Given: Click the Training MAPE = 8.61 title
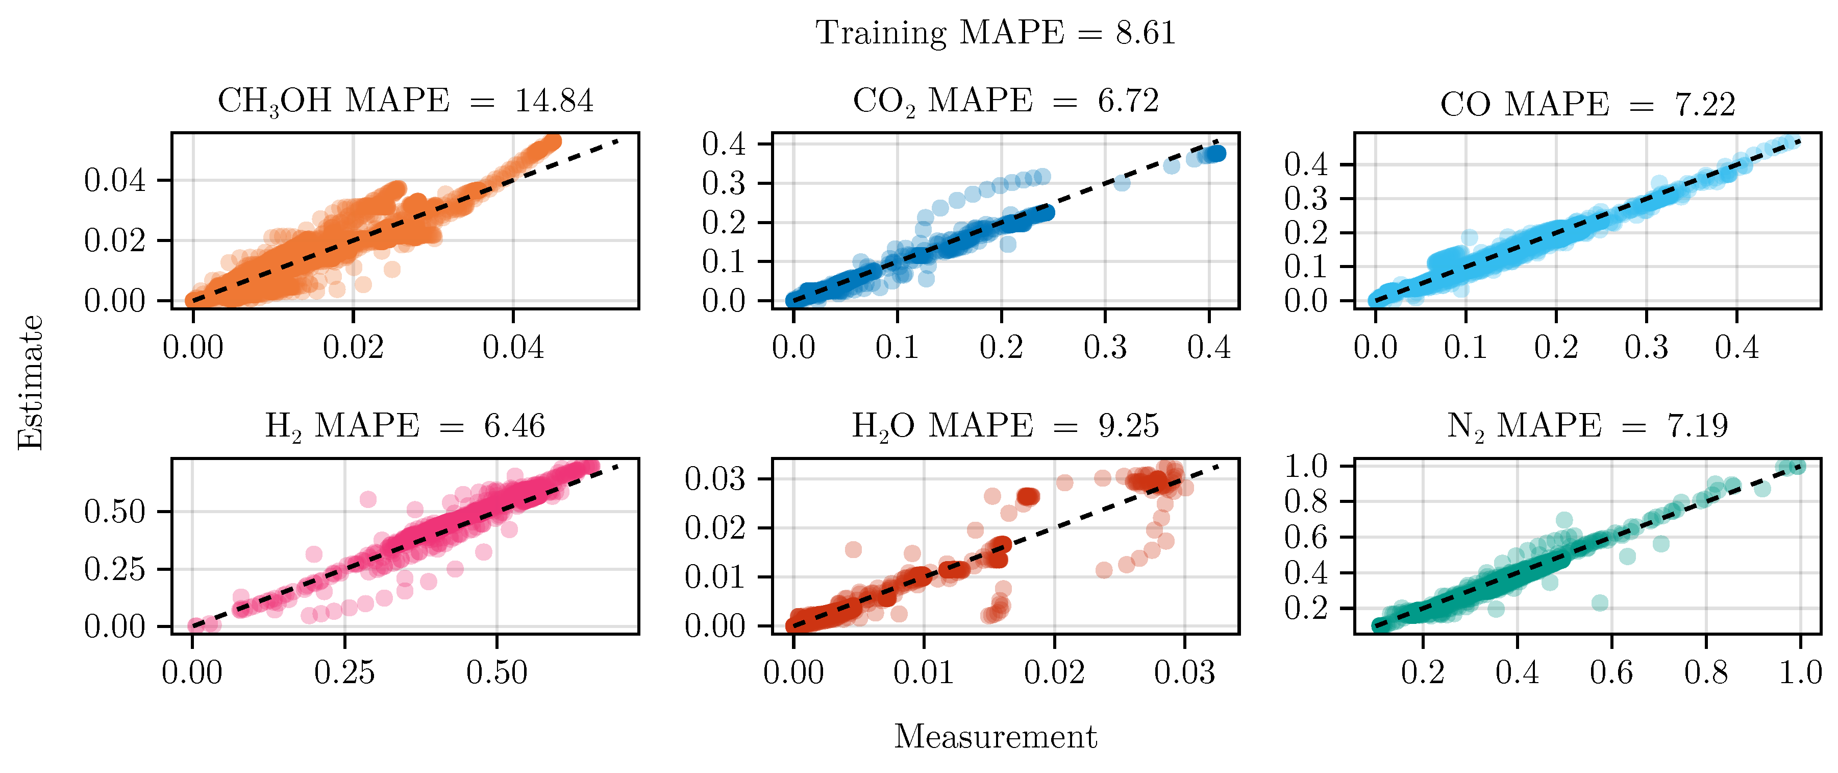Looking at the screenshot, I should tap(996, 33).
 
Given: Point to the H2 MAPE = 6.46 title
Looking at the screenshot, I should tap(405, 426).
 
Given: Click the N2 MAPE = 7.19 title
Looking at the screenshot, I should tap(1587, 426).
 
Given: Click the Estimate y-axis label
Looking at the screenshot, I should tap(31, 382).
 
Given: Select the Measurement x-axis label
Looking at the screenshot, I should tap(996, 737).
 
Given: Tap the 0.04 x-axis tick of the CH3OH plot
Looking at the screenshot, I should tap(513, 348).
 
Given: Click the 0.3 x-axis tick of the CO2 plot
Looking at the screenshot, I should tap(1105, 348).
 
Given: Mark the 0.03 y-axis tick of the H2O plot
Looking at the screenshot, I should tap(715, 479).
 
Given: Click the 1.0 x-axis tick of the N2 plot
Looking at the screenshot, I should tap(1800, 672).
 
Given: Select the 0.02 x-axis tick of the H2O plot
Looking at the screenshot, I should tap(1055, 672).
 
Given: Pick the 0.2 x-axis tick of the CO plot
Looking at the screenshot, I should tap(1556, 348).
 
